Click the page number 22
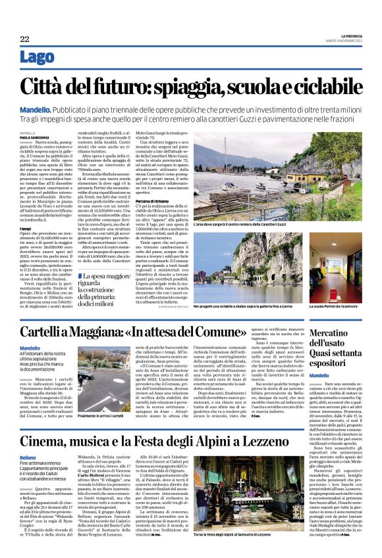[24, 39]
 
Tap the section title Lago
[37, 58]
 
